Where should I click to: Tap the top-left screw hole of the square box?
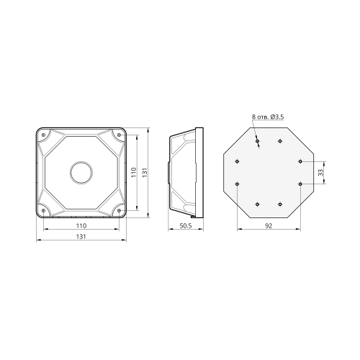pyautogui.click(x=43, y=135)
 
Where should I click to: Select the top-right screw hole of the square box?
pyautogui.click(x=119, y=135)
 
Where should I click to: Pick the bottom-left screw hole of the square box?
pyautogui.click(x=43, y=210)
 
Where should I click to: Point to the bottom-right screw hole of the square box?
pyautogui.click(x=119, y=210)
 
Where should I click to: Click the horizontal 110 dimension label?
pyautogui.click(x=81, y=226)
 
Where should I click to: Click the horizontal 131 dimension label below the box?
pyautogui.click(x=81, y=237)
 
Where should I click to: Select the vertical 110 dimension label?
pyautogui.click(x=134, y=173)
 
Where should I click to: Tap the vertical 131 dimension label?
pyautogui.click(x=145, y=173)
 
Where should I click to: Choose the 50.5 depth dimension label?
pyautogui.click(x=186, y=226)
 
